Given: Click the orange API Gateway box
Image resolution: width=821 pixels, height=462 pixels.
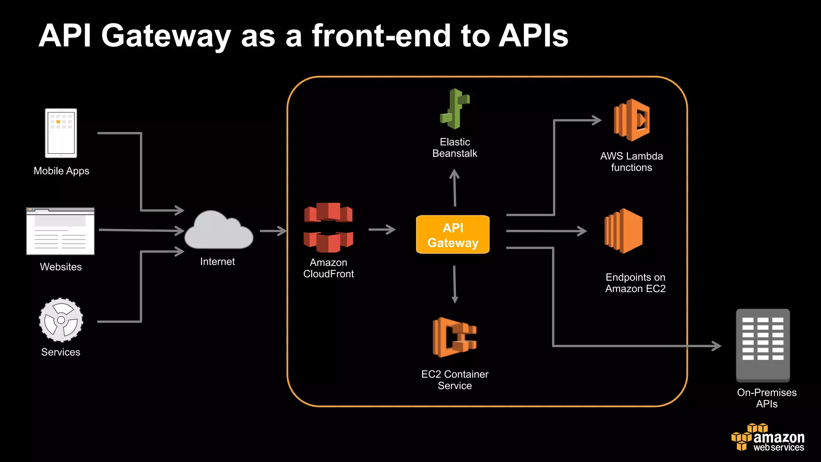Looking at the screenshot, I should pos(453,235).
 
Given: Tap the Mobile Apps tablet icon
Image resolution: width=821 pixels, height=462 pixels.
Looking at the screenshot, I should pos(61,133).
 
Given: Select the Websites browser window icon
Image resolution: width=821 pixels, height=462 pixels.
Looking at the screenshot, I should pos(61,231).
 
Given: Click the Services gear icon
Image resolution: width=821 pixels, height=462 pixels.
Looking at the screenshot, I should pos(61,320).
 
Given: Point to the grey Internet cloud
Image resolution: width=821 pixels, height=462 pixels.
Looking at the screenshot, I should pos(218,232).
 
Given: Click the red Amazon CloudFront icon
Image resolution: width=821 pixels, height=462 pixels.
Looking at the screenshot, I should pos(328,227).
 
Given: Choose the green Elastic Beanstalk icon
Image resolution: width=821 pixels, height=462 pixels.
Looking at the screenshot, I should pos(455,109).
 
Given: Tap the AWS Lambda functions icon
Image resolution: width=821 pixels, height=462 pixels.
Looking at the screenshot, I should pos(632,120).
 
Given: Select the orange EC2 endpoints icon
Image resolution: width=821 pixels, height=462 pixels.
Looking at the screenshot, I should pos(624,231).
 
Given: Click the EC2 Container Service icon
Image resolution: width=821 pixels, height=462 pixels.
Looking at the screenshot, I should pos(455,337).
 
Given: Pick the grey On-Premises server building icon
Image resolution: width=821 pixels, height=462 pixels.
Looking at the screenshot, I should pos(763,345).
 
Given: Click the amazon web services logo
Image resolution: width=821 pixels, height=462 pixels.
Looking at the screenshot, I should pos(768,438).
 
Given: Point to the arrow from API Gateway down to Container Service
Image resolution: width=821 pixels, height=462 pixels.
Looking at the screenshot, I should pos(455,284).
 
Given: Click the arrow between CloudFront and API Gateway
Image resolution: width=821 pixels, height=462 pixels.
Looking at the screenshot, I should pos(382,230).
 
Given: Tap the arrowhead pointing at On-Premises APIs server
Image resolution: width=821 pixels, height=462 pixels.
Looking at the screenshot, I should pos(717,346).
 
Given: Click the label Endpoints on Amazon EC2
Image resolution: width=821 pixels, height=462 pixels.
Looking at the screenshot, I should pos(635,283).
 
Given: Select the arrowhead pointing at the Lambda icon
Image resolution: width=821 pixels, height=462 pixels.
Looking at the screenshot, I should pos(597,120).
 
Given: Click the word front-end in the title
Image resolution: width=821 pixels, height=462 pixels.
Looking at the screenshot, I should pos(382,36).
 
